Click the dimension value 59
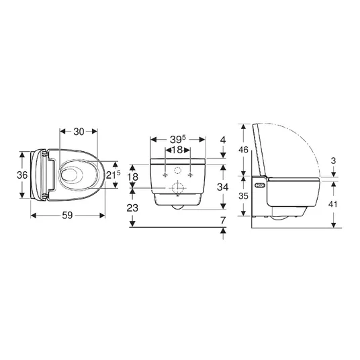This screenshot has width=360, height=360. [67, 216]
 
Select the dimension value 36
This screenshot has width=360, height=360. [22, 175]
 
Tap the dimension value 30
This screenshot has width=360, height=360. [79, 132]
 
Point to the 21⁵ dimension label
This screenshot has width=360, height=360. [113, 175]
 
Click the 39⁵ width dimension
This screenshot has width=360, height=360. [178, 139]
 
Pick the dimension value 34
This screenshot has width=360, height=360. [223, 187]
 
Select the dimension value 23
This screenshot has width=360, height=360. [132, 208]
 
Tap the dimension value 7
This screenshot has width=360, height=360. [223, 221]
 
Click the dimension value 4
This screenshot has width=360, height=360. [223, 140]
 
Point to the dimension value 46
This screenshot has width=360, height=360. [243, 150]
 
